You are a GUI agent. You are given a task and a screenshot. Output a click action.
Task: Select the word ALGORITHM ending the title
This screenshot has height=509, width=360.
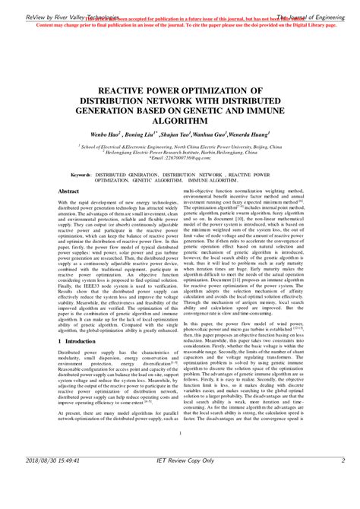click(x=179, y=119)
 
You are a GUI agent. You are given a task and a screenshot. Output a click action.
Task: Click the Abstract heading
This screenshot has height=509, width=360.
click(x=70, y=192)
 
